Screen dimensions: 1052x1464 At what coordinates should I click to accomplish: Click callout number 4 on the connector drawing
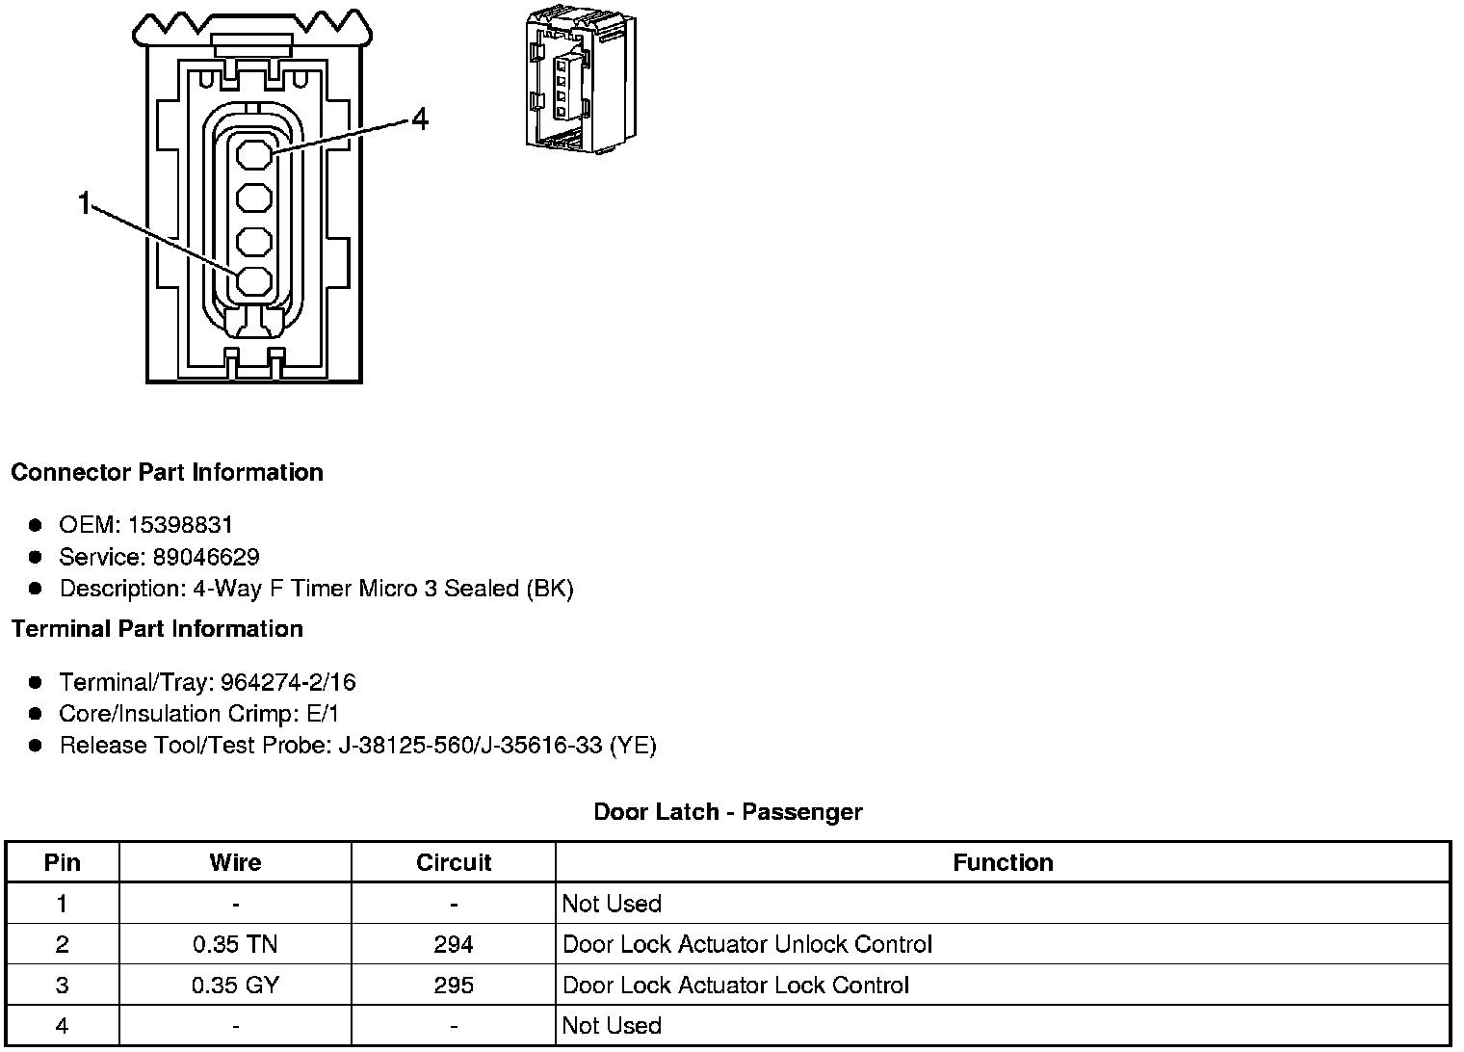[x=420, y=119]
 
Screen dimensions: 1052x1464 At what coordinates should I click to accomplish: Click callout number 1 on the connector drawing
[x=85, y=204]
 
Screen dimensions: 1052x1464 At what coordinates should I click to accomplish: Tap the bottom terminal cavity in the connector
[x=254, y=281]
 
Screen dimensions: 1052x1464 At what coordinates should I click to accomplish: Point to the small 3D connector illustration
[x=580, y=84]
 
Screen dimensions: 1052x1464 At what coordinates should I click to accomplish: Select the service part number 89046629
[x=205, y=557]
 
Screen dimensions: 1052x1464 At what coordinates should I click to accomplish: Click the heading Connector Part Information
[x=167, y=472]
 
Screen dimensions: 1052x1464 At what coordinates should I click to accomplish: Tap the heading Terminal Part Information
[x=157, y=629]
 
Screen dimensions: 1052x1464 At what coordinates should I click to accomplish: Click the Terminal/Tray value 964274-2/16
[x=288, y=683]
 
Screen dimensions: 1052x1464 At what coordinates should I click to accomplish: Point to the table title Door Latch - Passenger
[x=727, y=812]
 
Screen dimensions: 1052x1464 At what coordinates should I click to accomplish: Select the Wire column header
[x=235, y=862]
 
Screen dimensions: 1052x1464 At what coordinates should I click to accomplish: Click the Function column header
[x=1003, y=862]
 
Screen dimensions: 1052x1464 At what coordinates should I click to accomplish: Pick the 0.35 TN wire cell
[x=235, y=944]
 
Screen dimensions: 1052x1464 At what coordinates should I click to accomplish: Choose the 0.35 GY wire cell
[x=235, y=986]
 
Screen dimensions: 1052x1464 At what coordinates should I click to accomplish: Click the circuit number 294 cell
[x=453, y=944]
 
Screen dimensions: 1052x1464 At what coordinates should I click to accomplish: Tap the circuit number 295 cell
[x=453, y=986]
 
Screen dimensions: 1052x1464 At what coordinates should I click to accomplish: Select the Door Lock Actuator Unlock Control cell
[x=746, y=944]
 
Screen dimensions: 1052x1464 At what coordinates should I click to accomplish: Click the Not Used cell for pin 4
[x=612, y=1026]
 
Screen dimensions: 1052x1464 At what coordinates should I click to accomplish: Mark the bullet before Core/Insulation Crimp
[x=36, y=714]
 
